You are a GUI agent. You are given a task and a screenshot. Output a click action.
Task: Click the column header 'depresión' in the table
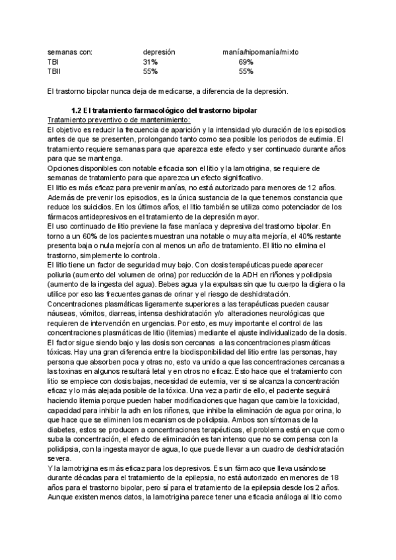click(158, 52)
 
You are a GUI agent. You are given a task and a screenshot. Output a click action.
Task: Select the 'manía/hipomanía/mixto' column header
click(260, 52)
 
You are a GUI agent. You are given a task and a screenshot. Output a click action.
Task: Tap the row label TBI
click(53, 61)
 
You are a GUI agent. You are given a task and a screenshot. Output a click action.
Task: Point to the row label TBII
click(54, 71)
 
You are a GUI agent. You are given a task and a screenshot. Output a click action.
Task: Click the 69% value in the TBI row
click(246, 61)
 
